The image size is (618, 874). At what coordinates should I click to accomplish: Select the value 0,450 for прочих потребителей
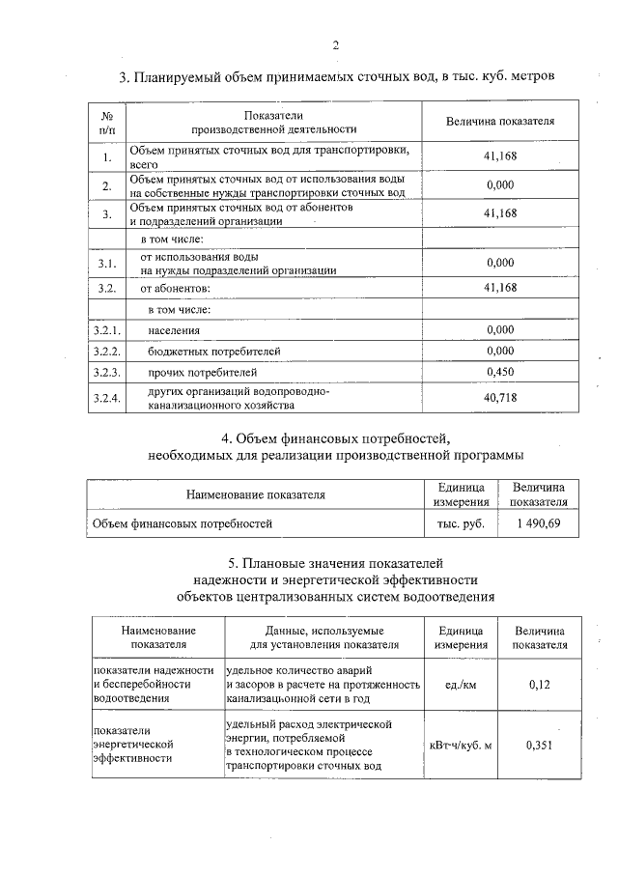[x=500, y=372]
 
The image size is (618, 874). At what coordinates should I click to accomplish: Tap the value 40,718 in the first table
[x=500, y=398]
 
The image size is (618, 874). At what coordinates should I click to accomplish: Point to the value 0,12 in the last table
[x=539, y=685]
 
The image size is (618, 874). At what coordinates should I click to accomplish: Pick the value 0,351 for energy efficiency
[x=539, y=745]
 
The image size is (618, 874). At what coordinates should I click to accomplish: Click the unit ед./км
[x=461, y=685]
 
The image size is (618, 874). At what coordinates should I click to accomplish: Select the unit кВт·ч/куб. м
[x=461, y=745]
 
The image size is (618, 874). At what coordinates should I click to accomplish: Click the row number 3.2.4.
[x=106, y=398]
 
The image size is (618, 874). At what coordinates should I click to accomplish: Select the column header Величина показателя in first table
[x=500, y=121]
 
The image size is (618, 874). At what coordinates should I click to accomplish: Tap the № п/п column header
[x=106, y=121]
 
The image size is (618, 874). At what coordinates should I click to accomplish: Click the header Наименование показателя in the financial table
[x=255, y=494]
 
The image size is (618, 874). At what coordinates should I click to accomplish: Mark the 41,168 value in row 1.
[x=500, y=156]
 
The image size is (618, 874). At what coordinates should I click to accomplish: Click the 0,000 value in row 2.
[x=500, y=184]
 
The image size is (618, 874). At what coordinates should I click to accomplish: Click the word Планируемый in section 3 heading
[x=178, y=76]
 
